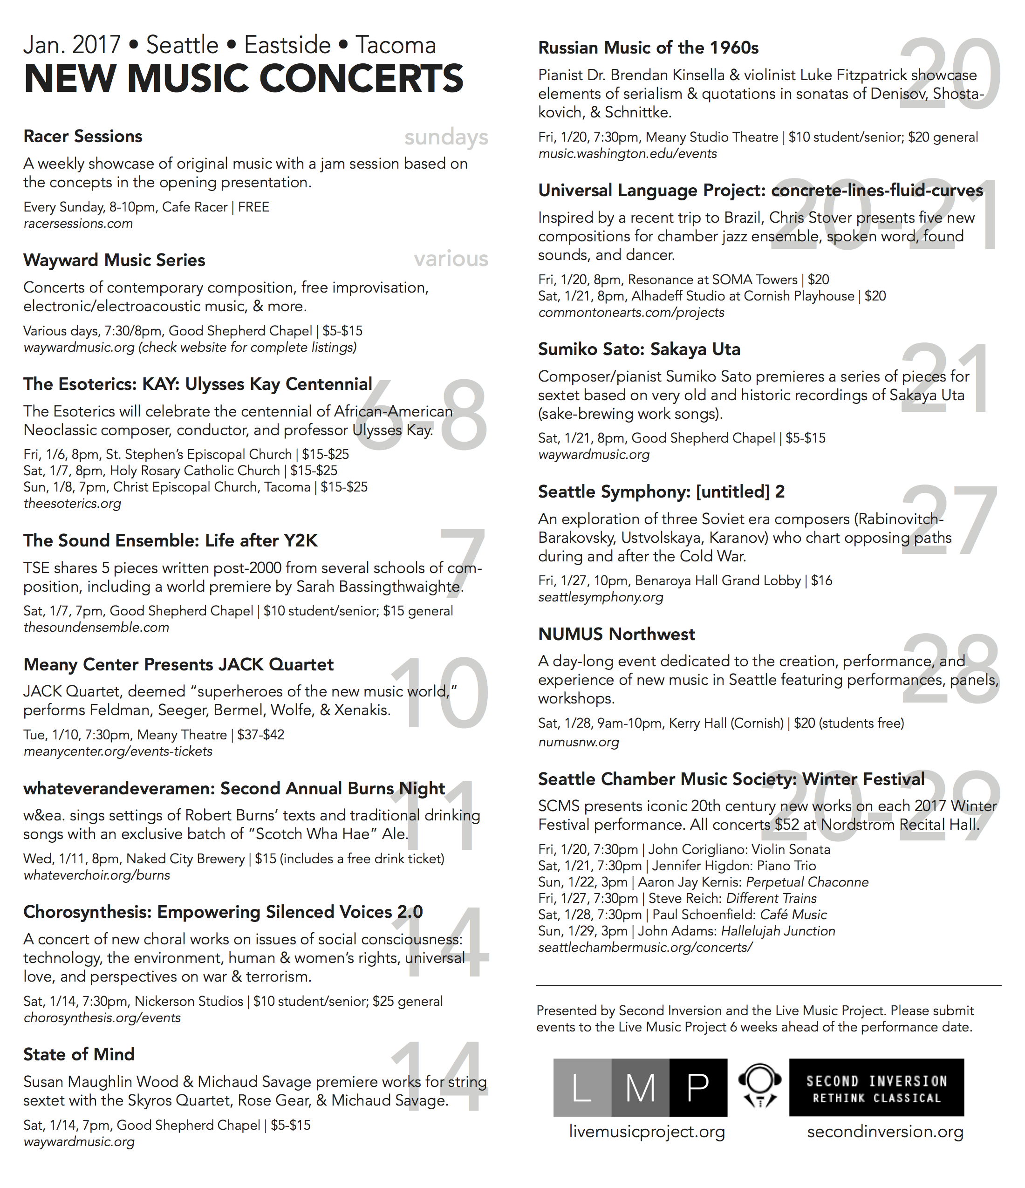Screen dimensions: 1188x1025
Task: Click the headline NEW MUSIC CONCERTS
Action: click(x=243, y=79)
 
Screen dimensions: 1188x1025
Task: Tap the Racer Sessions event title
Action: click(x=82, y=137)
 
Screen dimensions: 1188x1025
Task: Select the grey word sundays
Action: click(x=446, y=137)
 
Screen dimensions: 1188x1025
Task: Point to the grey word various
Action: click(x=451, y=259)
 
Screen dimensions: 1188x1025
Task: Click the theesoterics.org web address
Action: click(x=72, y=504)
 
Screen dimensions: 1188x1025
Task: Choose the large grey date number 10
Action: click(x=440, y=694)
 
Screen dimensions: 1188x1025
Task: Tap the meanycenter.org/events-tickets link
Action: click(x=117, y=751)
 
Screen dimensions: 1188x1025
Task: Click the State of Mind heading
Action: click(x=79, y=1054)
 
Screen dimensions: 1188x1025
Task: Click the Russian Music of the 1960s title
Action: click(x=648, y=48)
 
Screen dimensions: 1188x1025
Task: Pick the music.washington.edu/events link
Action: click(x=627, y=154)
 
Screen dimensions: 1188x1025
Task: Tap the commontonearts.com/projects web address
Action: click(x=630, y=313)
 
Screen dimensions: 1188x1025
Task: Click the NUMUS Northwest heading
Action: click(x=616, y=634)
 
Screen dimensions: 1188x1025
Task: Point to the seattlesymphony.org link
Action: click(x=600, y=597)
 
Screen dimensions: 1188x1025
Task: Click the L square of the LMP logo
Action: click(x=582, y=1087)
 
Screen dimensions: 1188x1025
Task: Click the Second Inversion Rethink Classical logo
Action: click(x=876, y=1087)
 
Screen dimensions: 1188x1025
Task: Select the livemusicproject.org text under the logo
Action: click(x=647, y=1132)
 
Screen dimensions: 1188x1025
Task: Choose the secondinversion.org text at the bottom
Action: click(x=885, y=1132)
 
